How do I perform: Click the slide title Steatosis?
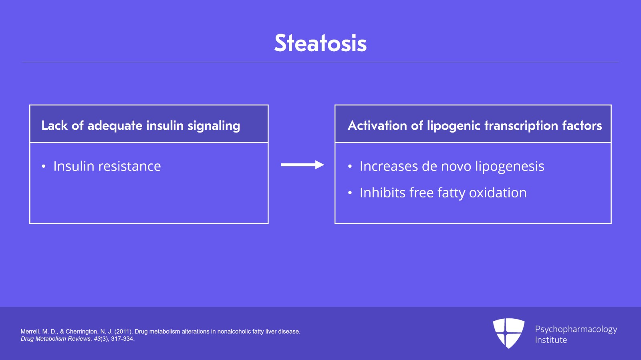click(320, 43)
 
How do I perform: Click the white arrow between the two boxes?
click(302, 165)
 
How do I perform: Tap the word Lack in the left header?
click(54, 125)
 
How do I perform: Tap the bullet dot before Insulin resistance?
click(44, 167)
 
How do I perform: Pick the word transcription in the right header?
click(521, 126)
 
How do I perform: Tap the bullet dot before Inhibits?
click(350, 193)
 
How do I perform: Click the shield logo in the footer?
click(508, 333)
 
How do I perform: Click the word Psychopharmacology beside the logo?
click(576, 329)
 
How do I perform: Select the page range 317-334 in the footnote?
click(122, 339)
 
